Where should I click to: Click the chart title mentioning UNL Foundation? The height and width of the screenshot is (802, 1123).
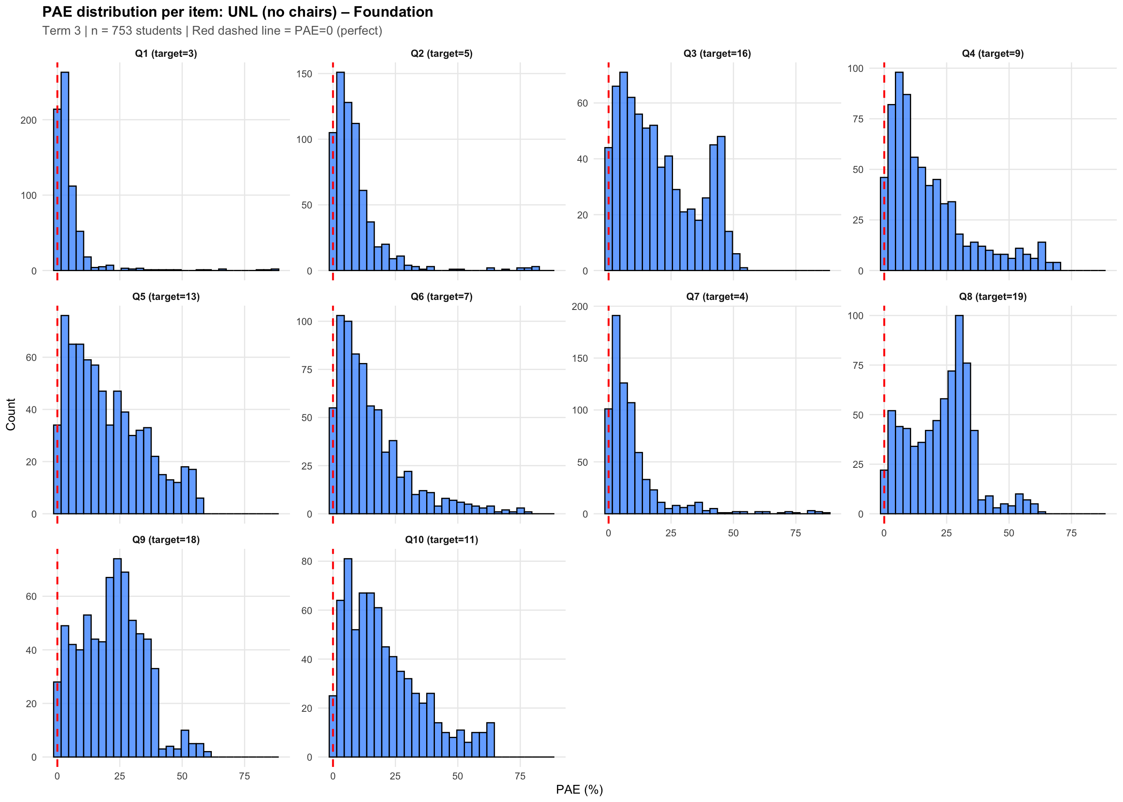click(x=238, y=12)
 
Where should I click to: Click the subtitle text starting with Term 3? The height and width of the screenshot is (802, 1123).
click(x=212, y=30)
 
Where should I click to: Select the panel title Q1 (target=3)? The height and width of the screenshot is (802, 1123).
click(x=166, y=53)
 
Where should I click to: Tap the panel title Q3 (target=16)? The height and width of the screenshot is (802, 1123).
click(x=717, y=53)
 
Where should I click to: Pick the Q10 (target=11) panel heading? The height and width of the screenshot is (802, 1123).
click(x=442, y=539)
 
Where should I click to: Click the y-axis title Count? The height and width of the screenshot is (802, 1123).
click(x=11, y=414)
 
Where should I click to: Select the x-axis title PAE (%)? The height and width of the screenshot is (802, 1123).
click(x=579, y=789)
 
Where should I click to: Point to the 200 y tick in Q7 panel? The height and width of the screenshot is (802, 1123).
click(x=580, y=306)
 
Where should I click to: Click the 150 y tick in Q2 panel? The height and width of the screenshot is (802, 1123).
click(x=304, y=74)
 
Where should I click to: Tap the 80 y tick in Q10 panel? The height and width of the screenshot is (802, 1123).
click(x=307, y=561)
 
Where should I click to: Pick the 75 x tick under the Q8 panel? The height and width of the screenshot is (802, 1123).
click(x=1071, y=533)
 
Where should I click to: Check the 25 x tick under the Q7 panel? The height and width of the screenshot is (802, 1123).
click(x=671, y=533)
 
